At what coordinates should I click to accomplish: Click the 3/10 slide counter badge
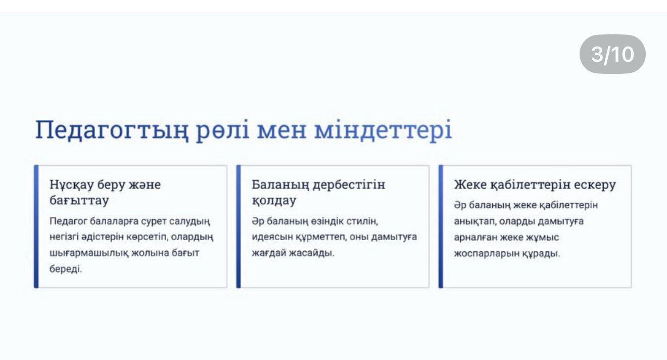[612, 54]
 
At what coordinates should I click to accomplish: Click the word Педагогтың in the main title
[112, 130]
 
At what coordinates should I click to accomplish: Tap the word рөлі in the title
[222, 130]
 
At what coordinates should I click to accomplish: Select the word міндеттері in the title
[383, 129]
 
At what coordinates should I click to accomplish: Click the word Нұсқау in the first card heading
[71, 185]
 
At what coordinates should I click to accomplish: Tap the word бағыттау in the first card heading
[79, 201]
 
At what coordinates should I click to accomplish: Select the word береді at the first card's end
[66, 269]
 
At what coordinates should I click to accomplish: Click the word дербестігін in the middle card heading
[349, 185]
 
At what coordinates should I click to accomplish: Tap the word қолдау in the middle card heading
[274, 201]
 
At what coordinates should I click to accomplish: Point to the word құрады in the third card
[546, 254]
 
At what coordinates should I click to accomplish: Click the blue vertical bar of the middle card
[239, 227]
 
